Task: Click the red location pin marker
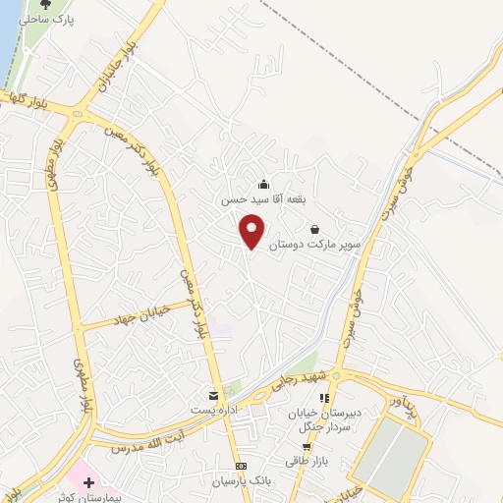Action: click(253, 230)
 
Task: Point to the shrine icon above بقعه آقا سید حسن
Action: click(262, 183)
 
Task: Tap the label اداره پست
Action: click(215, 408)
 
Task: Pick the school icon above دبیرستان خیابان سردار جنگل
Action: click(323, 398)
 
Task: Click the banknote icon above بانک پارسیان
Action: click(240, 467)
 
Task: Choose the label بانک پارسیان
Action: click(240, 481)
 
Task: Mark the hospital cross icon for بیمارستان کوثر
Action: click(89, 482)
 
